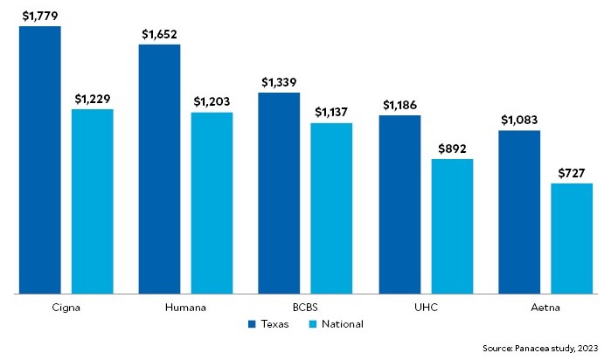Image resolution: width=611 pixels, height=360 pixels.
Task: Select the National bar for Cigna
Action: pyautogui.click(x=93, y=201)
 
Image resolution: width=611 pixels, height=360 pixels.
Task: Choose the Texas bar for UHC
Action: pyautogui.click(x=399, y=204)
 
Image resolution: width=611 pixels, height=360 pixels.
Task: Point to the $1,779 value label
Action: pyautogui.click(x=40, y=15)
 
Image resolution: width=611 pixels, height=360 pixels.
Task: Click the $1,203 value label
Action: pyautogui.click(x=212, y=101)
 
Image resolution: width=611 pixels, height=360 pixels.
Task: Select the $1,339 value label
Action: pyautogui.click(x=279, y=81)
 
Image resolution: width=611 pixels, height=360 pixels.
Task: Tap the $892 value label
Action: pyautogui.click(x=452, y=148)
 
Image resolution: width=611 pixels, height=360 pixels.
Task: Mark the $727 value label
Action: pyautogui.click(x=572, y=172)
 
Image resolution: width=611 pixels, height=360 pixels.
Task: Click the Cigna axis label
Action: pyautogui.click(x=40, y=308)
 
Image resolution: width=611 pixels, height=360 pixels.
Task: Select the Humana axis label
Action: pyautogui.click(x=184, y=308)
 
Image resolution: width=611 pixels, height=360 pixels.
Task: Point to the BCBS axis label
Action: pyautogui.click(x=304, y=308)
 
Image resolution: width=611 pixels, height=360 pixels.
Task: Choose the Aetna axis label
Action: pyautogui.click(x=546, y=308)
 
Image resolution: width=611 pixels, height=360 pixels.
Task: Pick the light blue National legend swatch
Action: pyautogui.click(x=313, y=324)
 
